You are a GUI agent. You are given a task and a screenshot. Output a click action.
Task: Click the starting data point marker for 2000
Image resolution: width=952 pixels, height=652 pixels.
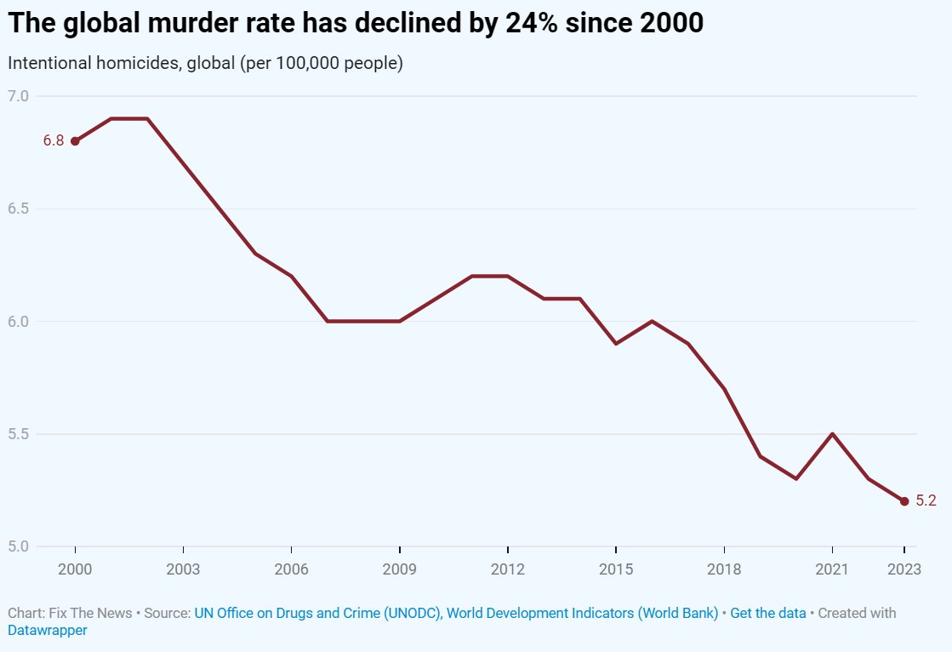75,141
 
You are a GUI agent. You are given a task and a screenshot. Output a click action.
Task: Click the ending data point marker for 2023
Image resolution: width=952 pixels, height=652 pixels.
904,501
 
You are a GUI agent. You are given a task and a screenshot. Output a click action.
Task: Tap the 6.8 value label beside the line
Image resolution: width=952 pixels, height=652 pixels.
54,141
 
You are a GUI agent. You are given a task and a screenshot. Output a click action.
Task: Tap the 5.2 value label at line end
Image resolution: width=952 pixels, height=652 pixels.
926,501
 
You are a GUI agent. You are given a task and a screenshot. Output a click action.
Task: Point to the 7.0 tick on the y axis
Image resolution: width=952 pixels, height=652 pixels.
19,96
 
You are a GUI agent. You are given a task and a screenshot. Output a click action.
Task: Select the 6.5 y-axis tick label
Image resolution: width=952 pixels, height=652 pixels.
19,209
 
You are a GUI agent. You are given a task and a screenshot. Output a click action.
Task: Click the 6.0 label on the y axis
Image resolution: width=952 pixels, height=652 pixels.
19,322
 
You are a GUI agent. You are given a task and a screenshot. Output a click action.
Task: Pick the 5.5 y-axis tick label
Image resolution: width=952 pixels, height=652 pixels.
19,434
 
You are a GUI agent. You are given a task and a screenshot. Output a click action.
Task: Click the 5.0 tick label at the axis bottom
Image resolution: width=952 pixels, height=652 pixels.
19,546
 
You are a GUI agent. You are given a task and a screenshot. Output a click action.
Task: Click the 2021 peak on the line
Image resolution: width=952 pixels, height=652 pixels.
832,434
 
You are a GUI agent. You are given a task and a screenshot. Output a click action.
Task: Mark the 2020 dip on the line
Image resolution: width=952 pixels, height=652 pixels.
796,478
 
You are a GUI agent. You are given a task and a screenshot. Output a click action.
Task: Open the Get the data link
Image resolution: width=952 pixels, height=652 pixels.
767,613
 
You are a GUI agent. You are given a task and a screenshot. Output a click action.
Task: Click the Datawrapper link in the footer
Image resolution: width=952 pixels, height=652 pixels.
48,631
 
